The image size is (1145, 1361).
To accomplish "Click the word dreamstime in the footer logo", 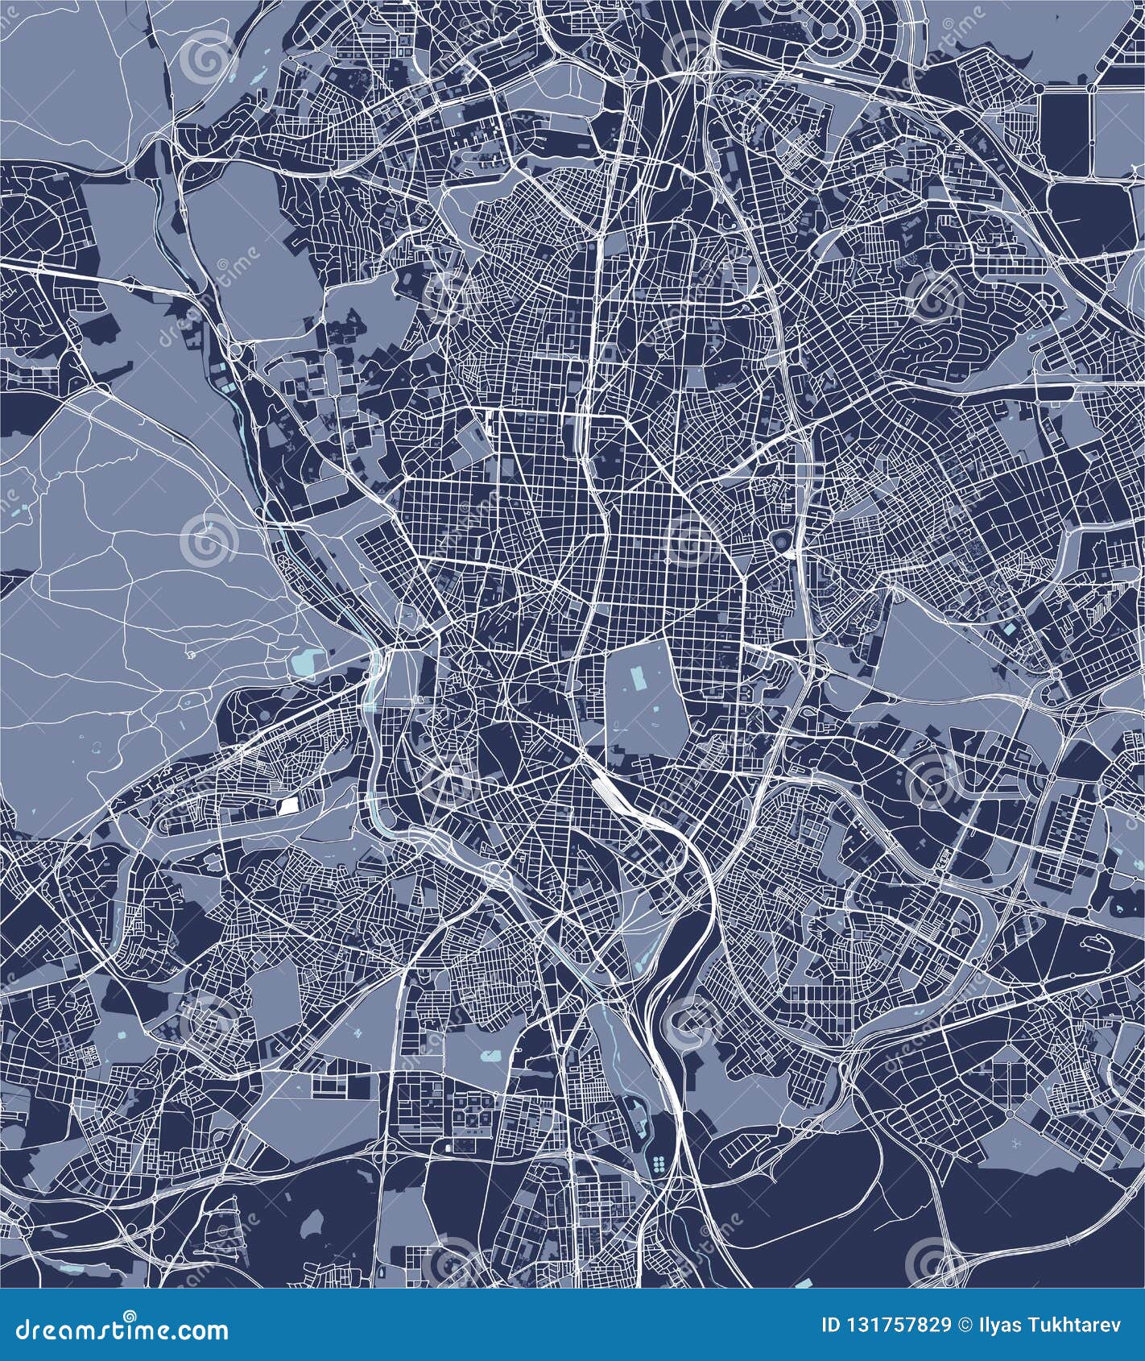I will (x=85, y=1329).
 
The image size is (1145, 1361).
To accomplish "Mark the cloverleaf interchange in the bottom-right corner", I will (x=951, y=1256).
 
